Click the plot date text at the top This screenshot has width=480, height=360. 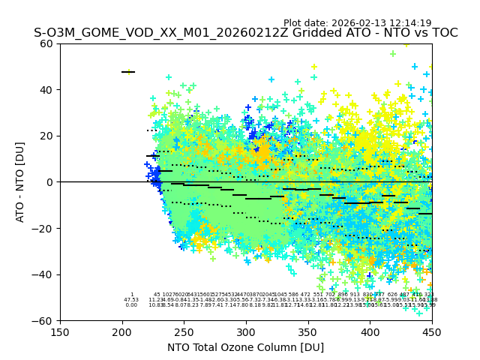pyautogui.click(x=357, y=23)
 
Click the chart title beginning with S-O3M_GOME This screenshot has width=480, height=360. pyautogui.click(x=245, y=33)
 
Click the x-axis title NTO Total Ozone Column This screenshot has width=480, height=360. pyautogui.click(x=245, y=347)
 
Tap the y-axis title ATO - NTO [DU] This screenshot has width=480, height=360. pyautogui.click(x=20, y=182)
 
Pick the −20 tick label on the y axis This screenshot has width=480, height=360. pyautogui.click(x=45, y=228)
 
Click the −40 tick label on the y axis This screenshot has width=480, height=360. pyautogui.click(x=45, y=274)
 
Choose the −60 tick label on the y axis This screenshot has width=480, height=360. pyautogui.click(x=45, y=320)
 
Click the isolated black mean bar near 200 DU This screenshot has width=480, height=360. pyautogui.click(x=128, y=72)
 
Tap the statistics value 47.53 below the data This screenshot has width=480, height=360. pyautogui.click(x=131, y=300)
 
